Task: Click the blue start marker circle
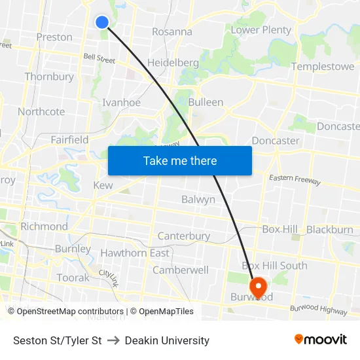tap(102, 22)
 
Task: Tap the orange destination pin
tap(258, 287)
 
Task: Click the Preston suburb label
tap(54, 37)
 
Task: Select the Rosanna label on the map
tap(172, 31)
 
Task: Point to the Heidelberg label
tap(173, 63)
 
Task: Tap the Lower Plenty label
tap(261, 30)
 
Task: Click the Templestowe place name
tap(323, 67)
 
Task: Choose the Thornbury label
tap(49, 77)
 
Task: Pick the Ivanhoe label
tap(121, 103)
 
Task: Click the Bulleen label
tap(206, 102)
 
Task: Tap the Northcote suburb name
tap(41, 112)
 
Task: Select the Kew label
tap(103, 185)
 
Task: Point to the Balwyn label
tap(198, 200)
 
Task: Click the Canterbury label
tap(184, 236)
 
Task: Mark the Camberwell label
tap(181, 270)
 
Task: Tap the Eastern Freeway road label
tap(296, 180)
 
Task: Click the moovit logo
tap(321, 340)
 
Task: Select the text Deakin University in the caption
tap(167, 340)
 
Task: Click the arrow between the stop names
tap(113, 340)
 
